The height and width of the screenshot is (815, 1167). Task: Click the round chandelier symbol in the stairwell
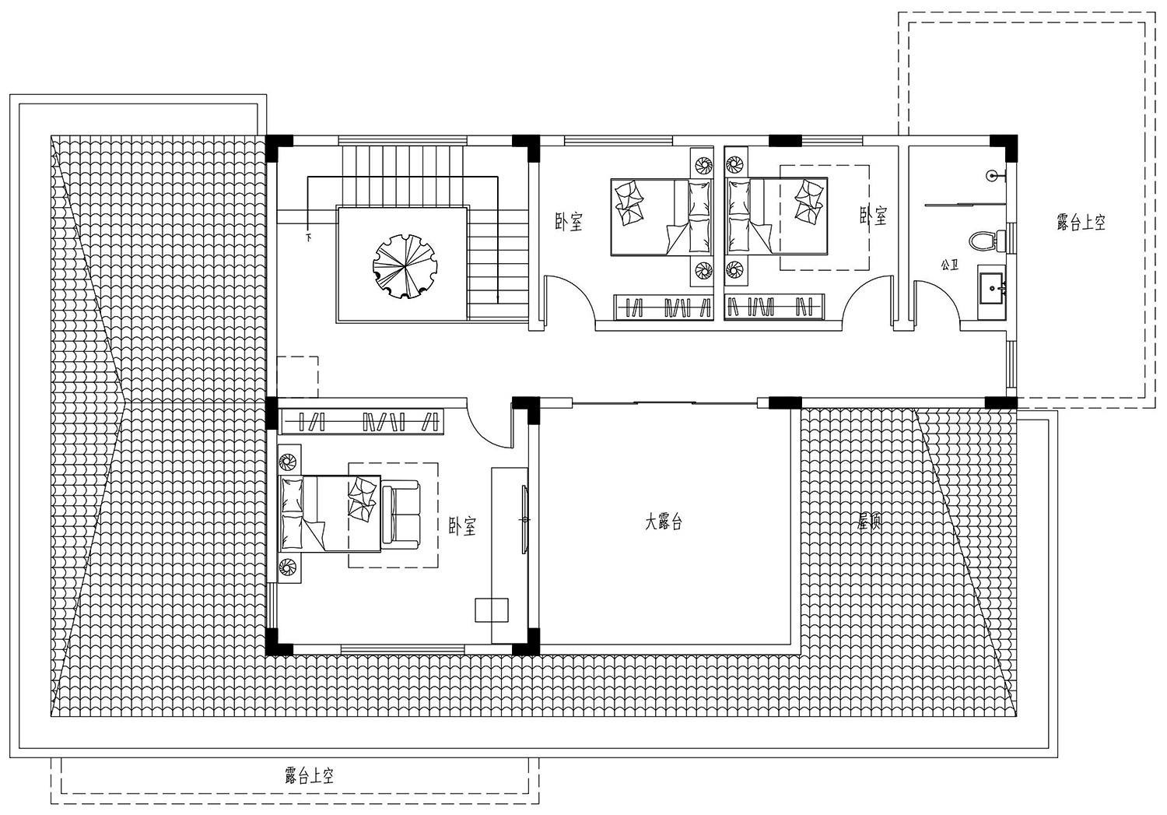tap(401, 265)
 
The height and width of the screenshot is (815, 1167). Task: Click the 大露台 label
tap(663, 523)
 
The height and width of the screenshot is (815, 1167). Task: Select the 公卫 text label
tap(948, 265)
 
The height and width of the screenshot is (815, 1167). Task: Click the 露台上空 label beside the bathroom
tap(1081, 223)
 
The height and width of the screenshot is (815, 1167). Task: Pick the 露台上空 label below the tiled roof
tap(309, 775)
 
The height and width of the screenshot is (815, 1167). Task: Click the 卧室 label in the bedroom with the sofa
tap(462, 527)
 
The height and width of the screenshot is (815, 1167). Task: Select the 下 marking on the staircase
tap(309, 236)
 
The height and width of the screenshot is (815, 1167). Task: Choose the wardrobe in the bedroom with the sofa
tap(363, 421)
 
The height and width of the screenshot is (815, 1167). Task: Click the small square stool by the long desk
tap(492, 609)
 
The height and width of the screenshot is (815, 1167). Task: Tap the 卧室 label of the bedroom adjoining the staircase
tap(569, 223)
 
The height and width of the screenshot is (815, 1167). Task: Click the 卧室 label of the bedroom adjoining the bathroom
tap(873, 216)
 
